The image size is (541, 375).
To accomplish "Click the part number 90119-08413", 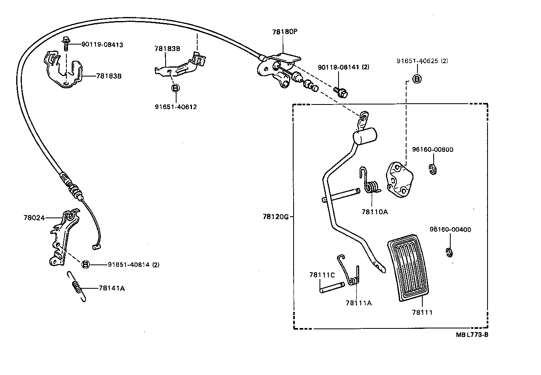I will (x=102, y=45).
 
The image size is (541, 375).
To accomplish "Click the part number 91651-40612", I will (x=175, y=107).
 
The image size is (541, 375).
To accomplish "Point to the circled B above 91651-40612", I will (x=175, y=87).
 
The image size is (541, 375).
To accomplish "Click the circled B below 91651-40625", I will (x=417, y=79).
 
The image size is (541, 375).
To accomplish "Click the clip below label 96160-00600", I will (x=433, y=169).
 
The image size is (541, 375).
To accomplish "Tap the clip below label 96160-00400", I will (x=449, y=252).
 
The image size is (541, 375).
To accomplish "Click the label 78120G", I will (x=275, y=217).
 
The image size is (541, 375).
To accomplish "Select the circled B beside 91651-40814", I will (x=86, y=264).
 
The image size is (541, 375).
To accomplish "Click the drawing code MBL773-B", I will (x=472, y=335).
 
